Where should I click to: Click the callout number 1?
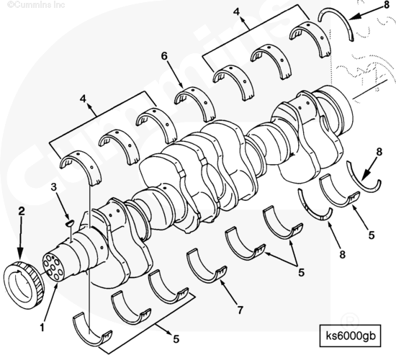click(42, 328)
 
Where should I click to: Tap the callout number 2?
click(22, 211)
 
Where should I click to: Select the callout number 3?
click(54, 187)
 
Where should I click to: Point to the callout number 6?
click(164, 56)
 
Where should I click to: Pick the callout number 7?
click(240, 310)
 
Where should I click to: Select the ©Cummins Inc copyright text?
click(36, 4)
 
